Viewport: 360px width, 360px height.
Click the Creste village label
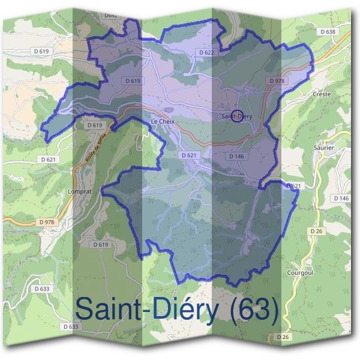pyautogui.click(x=322, y=94)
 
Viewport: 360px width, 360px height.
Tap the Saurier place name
pyautogui.click(x=323, y=147)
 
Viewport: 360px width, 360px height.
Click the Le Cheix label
pyautogui.click(x=161, y=121)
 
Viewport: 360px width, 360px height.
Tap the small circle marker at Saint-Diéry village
pyautogui.click(x=237, y=116)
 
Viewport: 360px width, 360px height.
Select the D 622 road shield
pyautogui.click(x=206, y=53)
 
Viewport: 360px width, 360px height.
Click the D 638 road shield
pyautogui.click(x=328, y=31)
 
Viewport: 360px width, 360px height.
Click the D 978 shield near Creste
pyautogui.click(x=277, y=80)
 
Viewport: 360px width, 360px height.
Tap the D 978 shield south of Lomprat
pyautogui.click(x=46, y=222)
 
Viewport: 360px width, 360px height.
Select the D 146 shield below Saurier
pyautogui.click(x=340, y=198)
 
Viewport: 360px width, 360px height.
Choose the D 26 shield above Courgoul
pyautogui.click(x=317, y=231)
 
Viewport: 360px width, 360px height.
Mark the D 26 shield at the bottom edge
pyautogui.click(x=283, y=337)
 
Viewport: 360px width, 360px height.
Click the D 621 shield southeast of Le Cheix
pyautogui.click(x=188, y=155)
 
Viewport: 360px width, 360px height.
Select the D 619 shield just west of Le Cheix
pyautogui.click(x=95, y=125)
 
